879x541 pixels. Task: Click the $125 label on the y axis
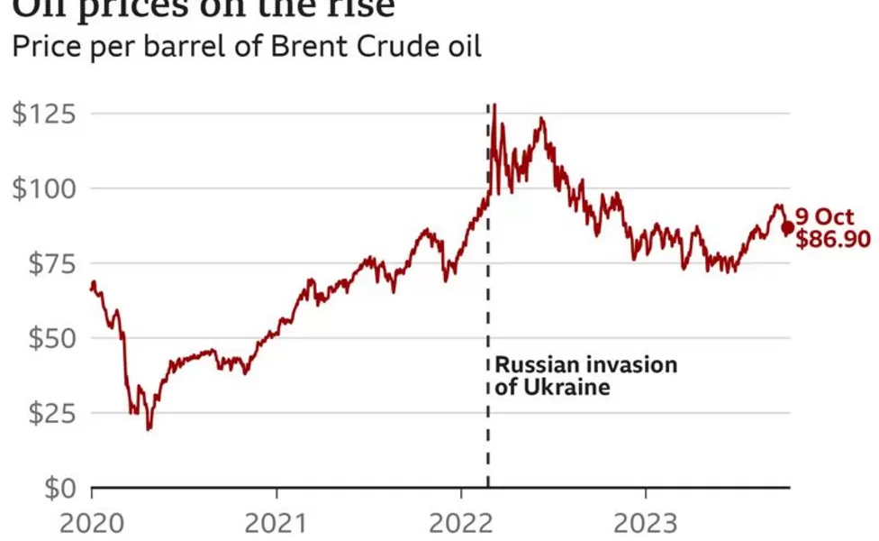43,115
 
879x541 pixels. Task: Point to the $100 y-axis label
43,189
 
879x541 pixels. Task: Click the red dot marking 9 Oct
788,228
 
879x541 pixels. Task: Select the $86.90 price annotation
833,240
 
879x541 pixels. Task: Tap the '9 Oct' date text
824,217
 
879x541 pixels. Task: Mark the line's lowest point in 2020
149,429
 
